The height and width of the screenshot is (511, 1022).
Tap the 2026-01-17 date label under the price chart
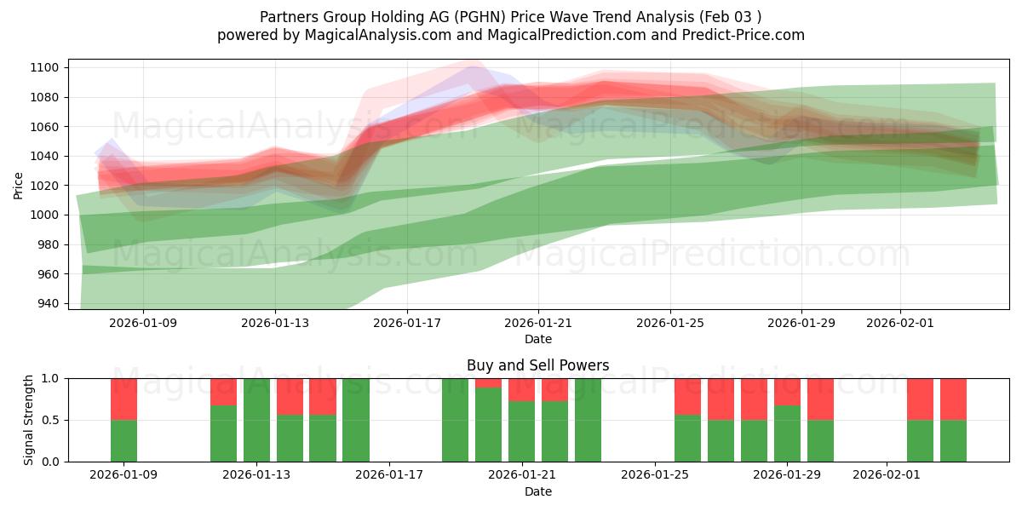pyautogui.click(x=406, y=323)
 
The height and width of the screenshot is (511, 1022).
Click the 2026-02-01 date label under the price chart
pyautogui.click(x=900, y=323)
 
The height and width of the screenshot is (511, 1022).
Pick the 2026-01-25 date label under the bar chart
pyautogui.click(x=655, y=475)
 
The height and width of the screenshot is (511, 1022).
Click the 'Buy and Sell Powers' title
pyautogui.click(x=537, y=365)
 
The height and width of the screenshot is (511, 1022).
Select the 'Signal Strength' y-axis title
pyautogui.click(x=29, y=419)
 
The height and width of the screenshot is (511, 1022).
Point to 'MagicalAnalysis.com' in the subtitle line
pyautogui.click(x=371, y=35)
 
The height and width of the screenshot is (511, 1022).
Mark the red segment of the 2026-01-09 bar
pyautogui.click(x=123, y=399)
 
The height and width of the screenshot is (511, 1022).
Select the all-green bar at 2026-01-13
pyautogui.click(x=256, y=420)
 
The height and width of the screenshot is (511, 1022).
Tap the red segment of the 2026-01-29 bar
pyautogui.click(x=787, y=391)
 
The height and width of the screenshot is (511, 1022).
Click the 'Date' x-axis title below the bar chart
pyautogui.click(x=537, y=491)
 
